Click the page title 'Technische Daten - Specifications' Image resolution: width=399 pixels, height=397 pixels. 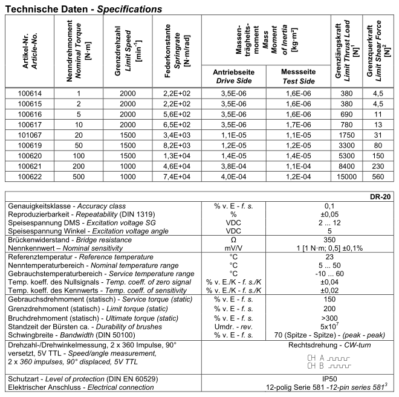coord(83,10)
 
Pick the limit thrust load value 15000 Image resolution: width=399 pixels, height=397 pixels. coord(346,176)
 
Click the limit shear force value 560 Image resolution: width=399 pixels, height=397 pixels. coord(377,176)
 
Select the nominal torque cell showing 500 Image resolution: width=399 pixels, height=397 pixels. coord(78,176)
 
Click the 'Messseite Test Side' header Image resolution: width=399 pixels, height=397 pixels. coord(298,76)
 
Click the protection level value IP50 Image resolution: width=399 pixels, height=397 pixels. coord(329,378)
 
